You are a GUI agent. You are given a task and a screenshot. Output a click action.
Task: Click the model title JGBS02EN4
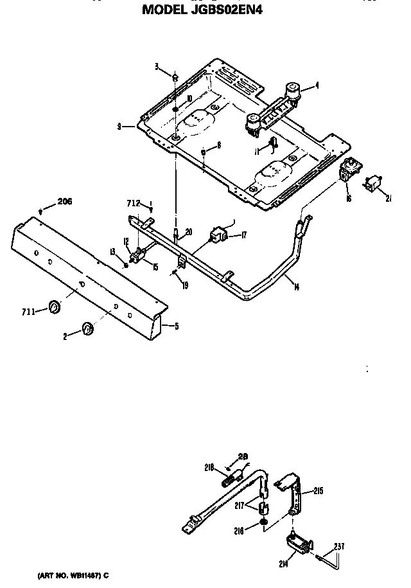[202, 10]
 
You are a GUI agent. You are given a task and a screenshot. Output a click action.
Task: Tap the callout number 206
[65, 201]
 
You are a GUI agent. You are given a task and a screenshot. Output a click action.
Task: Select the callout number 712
[133, 204]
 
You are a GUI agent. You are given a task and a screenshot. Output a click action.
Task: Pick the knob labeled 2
[87, 329]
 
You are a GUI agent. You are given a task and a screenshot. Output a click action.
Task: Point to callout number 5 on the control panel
[176, 326]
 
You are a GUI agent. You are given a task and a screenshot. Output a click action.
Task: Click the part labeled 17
[220, 236]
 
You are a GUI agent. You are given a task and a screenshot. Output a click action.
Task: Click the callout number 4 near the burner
[317, 84]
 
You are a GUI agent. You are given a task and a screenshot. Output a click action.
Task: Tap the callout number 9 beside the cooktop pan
[119, 127]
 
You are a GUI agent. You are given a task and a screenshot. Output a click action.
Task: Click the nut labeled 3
[175, 77]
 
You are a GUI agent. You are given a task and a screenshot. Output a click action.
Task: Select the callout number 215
[318, 491]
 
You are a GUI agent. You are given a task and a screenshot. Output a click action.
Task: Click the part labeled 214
[295, 543]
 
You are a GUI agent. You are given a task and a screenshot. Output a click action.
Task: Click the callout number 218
[209, 468]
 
